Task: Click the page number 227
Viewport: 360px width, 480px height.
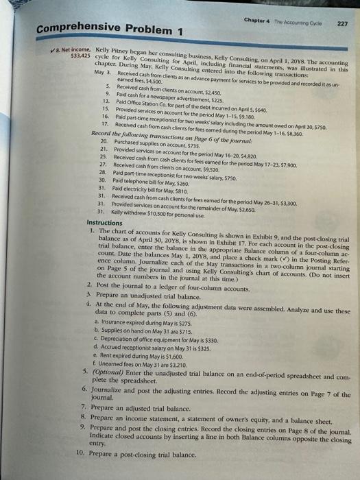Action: pyautogui.click(x=343, y=20)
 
